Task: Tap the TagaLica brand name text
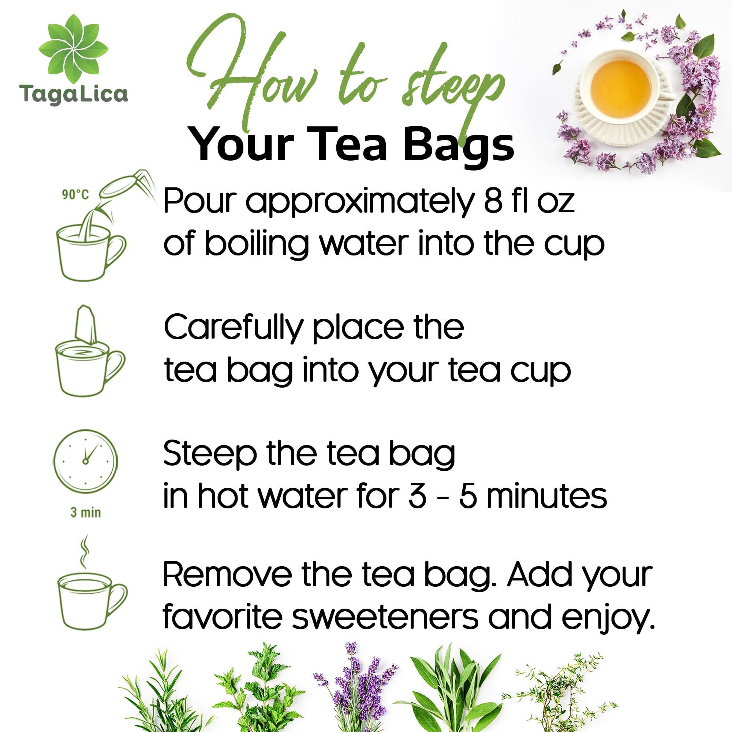tap(74, 94)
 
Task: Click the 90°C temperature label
tap(75, 195)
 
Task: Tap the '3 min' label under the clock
tap(86, 513)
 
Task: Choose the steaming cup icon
tap(91, 591)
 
